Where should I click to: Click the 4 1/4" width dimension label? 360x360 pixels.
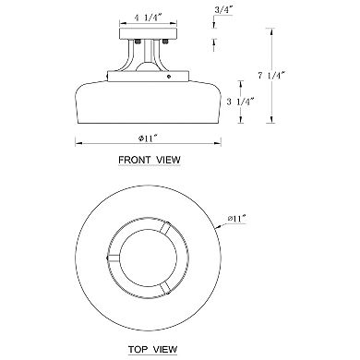pyautogui.click(x=148, y=18)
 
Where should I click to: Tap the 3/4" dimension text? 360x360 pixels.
pyautogui.click(x=223, y=9)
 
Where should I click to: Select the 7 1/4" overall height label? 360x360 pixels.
pyautogui.click(x=270, y=76)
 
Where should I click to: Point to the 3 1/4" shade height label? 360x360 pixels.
pyautogui.click(x=240, y=102)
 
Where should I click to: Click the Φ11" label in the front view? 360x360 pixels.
pyautogui.click(x=148, y=138)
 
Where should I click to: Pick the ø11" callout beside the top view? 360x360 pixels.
pyautogui.click(x=237, y=219)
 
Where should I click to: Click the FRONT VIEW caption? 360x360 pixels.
pyautogui.click(x=150, y=160)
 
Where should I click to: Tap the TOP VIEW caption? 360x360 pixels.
pyautogui.click(x=152, y=350)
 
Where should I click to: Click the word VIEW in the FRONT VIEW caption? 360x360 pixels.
pyautogui.click(x=168, y=160)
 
